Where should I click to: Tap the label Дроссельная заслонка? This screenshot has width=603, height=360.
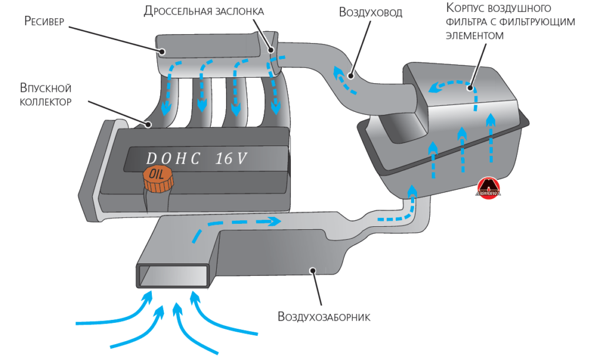(204, 11)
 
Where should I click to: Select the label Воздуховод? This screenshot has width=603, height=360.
(370, 12)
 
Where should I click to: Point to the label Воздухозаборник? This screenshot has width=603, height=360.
(323, 317)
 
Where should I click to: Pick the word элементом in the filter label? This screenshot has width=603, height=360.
(475, 35)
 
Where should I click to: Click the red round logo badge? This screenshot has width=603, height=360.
(488, 188)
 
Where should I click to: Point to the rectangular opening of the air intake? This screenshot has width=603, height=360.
(174, 275)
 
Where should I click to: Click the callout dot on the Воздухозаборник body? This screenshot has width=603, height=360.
(314, 270)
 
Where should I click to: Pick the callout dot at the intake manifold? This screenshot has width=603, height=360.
(150, 124)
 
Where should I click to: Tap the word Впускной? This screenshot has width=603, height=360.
(45, 88)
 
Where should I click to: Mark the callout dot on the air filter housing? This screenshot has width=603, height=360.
(471, 88)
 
